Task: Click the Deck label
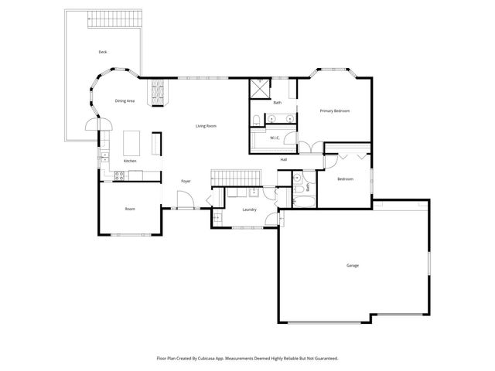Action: pos(102,52)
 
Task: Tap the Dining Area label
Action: pos(125,101)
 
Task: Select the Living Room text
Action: pos(205,125)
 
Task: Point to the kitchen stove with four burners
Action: pos(119,175)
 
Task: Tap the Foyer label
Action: pos(186,182)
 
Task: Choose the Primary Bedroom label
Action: pos(335,111)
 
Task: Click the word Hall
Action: pos(284,159)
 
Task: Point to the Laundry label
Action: pos(249,209)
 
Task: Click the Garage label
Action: pos(352,266)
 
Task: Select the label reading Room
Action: pos(130,209)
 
